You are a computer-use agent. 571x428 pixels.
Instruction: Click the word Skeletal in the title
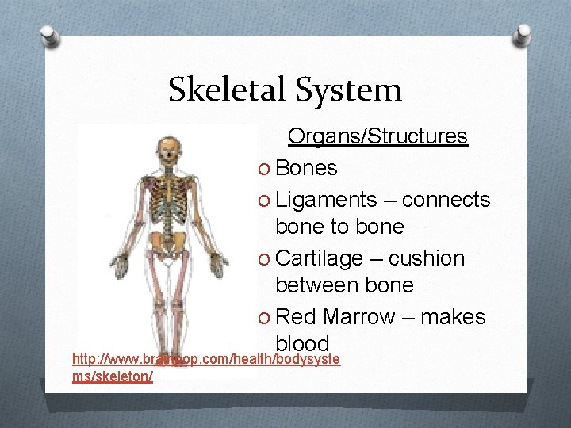point(228,90)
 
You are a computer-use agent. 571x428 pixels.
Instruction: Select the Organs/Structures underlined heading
point(377,136)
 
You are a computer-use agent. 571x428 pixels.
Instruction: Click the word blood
point(302,343)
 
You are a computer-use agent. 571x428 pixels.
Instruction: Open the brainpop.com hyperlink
point(205,360)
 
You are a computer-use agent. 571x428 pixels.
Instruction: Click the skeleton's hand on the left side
point(121,265)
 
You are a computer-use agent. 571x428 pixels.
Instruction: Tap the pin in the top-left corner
point(51,36)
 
